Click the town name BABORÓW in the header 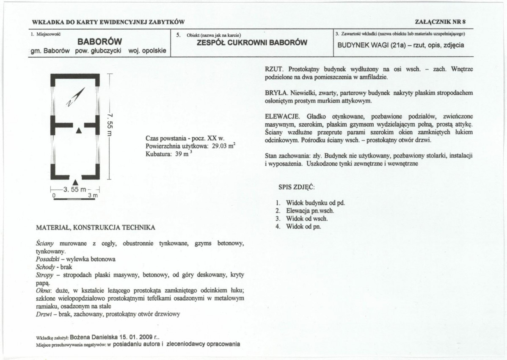(100, 42)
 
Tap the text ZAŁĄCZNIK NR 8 (441, 22)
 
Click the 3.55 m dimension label (75, 189)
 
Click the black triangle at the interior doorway (78, 130)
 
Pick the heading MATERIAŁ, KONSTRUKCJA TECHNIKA (96, 227)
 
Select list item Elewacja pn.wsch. (310, 210)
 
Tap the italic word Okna (44, 291)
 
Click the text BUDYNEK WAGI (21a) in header (369, 45)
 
